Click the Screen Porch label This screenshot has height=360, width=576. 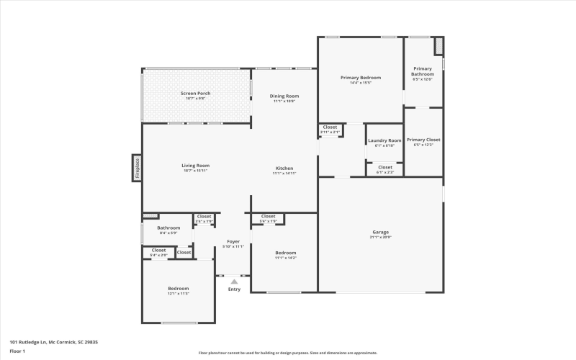pyautogui.click(x=195, y=94)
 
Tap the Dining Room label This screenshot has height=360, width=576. pyautogui.click(x=284, y=96)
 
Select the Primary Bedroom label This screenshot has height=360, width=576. pyautogui.click(x=361, y=77)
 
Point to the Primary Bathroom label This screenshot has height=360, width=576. pyautogui.click(x=423, y=71)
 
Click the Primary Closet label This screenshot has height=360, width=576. pyautogui.click(x=423, y=140)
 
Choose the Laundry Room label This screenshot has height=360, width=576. pyautogui.click(x=384, y=140)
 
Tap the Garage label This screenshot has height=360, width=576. pyautogui.click(x=380, y=232)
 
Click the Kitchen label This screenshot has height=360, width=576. pyautogui.click(x=284, y=168)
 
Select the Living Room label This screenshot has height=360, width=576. pyautogui.click(x=195, y=165)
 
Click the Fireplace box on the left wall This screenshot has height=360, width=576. pyautogui.click(x=137, y=168)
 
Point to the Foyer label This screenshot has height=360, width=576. pyautogui.click(x=233, y=241)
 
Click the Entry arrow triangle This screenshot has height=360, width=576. pyautogui.click(x=234, y=282)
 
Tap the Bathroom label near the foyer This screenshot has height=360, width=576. pyautogui.click(x=168, y=228)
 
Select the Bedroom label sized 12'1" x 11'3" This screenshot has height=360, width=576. pyautogui.click(x=179, y=288)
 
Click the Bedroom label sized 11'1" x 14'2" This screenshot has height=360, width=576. pyautogui.click(x=285, y=253)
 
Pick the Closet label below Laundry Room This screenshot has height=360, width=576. pyautogui.click(x=385, y=167)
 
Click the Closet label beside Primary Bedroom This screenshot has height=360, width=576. pyautogui.click(x=330, y=127)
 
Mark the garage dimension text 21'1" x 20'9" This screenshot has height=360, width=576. pyautogui.click(x=380, y=237)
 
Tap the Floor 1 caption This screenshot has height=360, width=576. pyautogui.click(x=17, y=351)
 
